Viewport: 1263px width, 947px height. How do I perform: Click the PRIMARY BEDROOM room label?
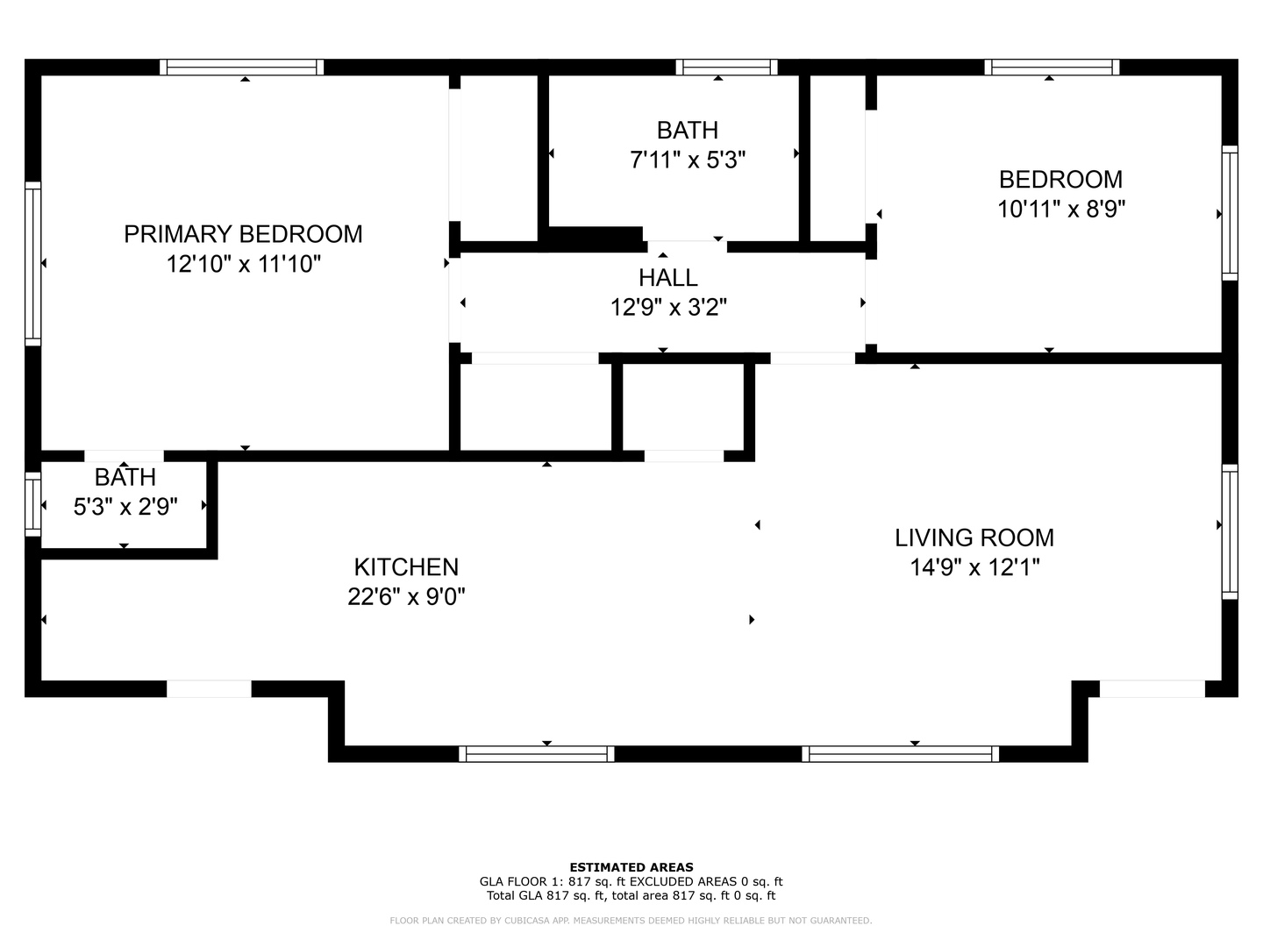(x=243, y=234)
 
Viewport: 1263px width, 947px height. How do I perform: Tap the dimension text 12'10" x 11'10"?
(x=243, y=264)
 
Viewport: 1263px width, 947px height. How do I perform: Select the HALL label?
(x=667, y=278)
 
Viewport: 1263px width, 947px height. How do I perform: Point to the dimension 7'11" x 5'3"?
(x=688, y=160)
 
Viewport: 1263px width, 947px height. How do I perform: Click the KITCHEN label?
(x=406, y=567)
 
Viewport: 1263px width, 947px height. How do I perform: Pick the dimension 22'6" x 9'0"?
(x=406, y=597)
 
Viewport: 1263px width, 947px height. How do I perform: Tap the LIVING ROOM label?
(x=974, y=538)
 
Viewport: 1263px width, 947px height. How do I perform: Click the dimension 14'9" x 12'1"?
(x=974, y=567)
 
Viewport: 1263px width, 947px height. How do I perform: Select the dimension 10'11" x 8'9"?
(x=1060, y=210)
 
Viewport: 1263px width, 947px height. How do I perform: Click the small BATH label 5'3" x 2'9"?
(x=125, y=478)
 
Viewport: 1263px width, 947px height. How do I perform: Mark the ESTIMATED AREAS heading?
(x=631, y=867)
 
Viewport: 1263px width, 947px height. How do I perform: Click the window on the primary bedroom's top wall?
(x=242, y=68)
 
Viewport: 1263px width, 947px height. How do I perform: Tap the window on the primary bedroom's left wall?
(x=32, y=263)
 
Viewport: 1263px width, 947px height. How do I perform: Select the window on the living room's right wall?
(x=1230, y=531)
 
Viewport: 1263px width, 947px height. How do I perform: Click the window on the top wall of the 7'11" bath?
(x=726, y=68)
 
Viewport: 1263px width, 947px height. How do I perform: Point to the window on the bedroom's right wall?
(x=1230, y=213)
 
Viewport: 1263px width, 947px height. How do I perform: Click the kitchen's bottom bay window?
(x=536, y=754)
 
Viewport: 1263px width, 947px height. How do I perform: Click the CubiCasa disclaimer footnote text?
(x=631, y=921)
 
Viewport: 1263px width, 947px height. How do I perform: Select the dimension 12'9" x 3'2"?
(x=667, y=308)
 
